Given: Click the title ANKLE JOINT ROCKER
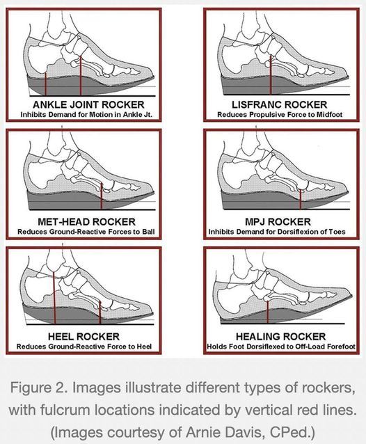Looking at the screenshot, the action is (x=88, y=105).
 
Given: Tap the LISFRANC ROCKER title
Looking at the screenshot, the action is (x=280, y=105).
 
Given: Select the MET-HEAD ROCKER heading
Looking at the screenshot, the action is (x=86, y=222).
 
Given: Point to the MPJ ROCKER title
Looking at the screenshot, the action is (x=278, y=222).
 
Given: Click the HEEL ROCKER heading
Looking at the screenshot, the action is (x=83, y=337).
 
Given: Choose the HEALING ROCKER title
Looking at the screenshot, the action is (x=281, y=337).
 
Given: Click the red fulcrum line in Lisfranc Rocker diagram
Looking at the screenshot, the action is (x=271, y=74).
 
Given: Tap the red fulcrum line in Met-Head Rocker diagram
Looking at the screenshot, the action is (x=102, y=196).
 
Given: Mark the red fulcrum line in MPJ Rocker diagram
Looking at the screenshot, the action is (x=301, y=199).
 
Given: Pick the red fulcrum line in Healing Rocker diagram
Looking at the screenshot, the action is (x=267, y=312).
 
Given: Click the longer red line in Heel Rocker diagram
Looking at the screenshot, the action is (x=54, y=298).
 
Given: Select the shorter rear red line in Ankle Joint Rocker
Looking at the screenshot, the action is (x=45, y=84).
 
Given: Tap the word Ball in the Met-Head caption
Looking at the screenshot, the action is (x=149, y=232).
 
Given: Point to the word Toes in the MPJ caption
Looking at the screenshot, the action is (x=337, y=232).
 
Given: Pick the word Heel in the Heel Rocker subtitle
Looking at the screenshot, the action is (x=145, y=347).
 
